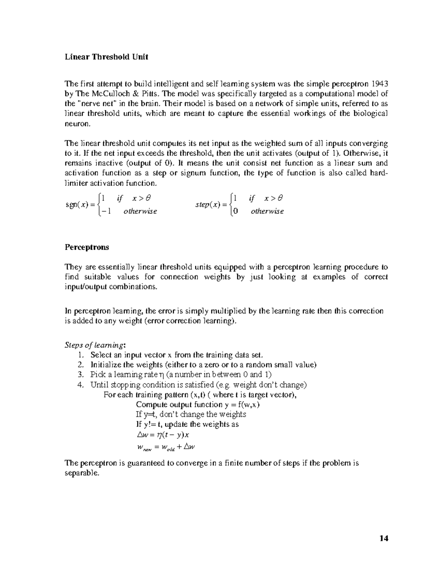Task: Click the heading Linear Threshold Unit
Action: point(106,57)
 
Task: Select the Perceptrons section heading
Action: point(87,247)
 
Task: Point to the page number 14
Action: point(384,538)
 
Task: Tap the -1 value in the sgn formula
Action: point(106,211)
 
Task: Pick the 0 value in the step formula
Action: point(235,211)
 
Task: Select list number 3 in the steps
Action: point(81,375)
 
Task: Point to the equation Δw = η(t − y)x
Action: point(162,435)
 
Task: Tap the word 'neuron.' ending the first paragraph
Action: point(77,124)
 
